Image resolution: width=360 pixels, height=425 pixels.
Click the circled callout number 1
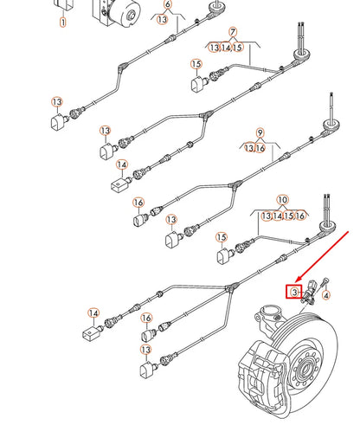pyautogui.click(x=62, y=20)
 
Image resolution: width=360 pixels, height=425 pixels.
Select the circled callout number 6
pyautogui.click(x=168, y=5)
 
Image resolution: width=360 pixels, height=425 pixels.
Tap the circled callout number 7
pyautogui.click(x=232, y=33)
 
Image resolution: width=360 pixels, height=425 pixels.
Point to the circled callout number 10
pyautogui.click(x=282, y=199)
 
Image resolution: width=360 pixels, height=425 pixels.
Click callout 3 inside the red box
pyautogui.click(x=294, y=293)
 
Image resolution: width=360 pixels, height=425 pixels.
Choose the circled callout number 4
pyautogui.click(x=326, y=296)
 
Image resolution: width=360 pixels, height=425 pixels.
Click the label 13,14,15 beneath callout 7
pyautogui.click(x=231, y=48)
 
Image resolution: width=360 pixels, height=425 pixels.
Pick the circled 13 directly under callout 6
pyautogui.click(x=163, y=21)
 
